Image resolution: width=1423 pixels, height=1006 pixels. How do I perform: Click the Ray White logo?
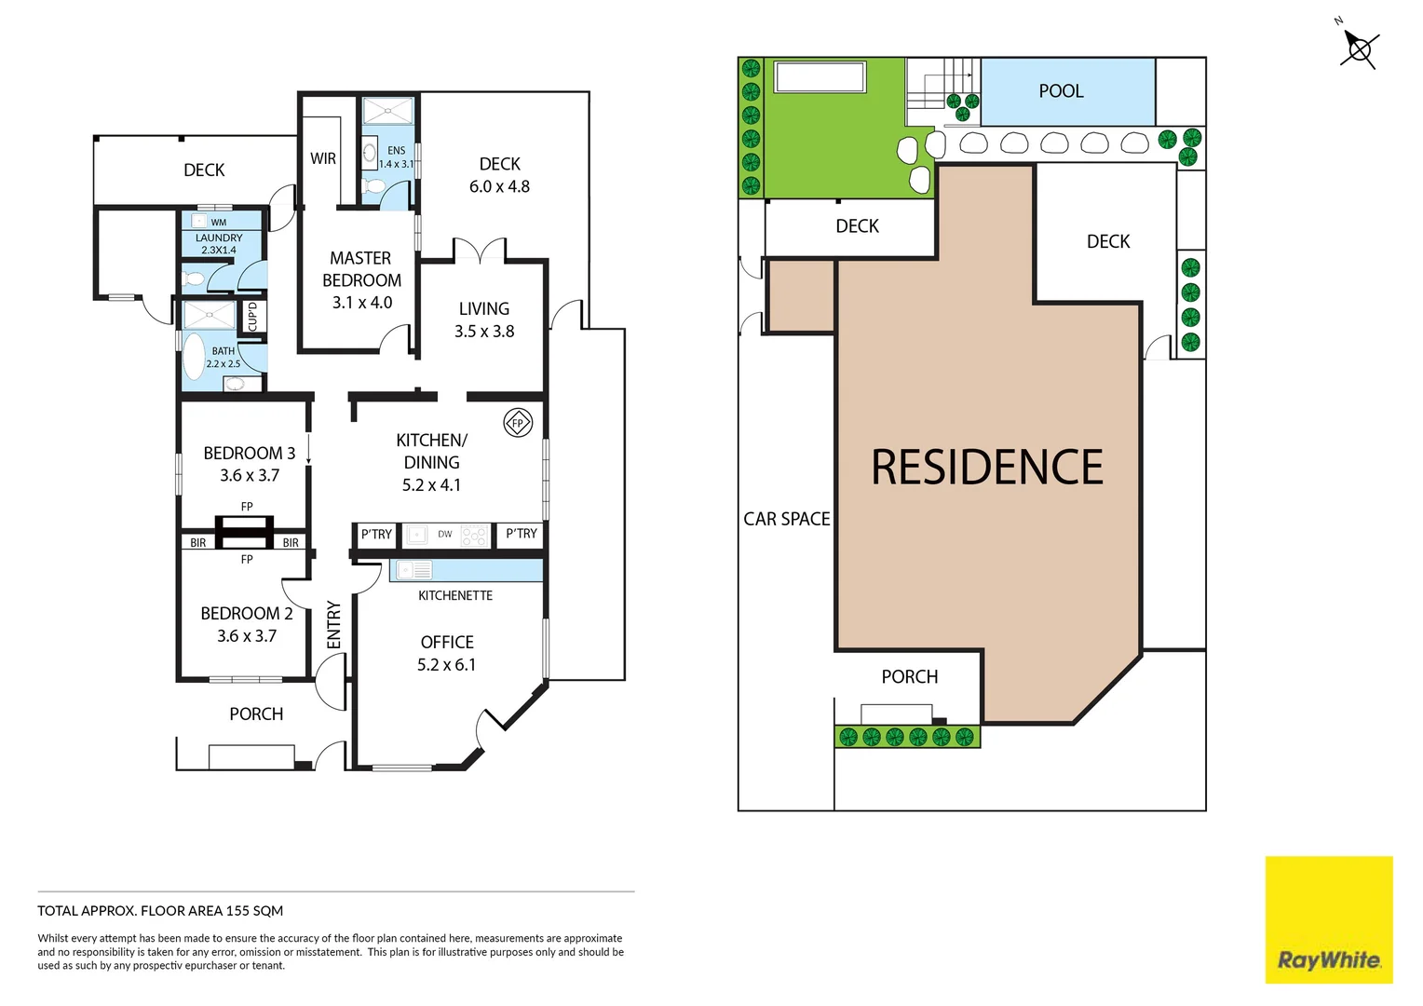(x=1328, y=959)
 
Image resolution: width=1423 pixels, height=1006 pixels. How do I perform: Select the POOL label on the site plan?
(x=1061, y=91)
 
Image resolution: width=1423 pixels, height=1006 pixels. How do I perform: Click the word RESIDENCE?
(x=987, y=468)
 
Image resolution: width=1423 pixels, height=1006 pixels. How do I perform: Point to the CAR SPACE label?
(x=786, y=519)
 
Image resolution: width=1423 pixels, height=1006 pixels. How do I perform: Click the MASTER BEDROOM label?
(x=361, y=269)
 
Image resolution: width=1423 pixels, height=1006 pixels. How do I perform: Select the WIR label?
(x=323, y=158)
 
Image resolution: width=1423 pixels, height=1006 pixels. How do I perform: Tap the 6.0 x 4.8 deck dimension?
(x=499, y=186)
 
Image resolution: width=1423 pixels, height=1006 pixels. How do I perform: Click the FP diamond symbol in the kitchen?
(x=518, y=423)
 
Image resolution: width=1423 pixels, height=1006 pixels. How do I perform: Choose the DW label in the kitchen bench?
(x=445, y=535)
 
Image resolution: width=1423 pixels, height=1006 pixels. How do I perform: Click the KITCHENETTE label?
(x=455, y=595)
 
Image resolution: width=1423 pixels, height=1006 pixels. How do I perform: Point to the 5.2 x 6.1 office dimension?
(x=446, y=665)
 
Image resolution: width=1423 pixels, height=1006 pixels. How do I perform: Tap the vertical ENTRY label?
(x=333, y=624)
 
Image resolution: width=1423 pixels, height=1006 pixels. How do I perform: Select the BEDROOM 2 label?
(x=247, y=614)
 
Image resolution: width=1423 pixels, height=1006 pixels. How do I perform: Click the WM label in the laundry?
(x=219, y=223)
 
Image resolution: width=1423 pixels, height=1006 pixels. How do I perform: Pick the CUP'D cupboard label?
(x=252, y=316)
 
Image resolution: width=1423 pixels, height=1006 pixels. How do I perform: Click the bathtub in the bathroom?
(x=194, y=358)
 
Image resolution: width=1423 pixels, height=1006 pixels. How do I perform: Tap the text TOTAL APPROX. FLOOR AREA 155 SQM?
(x=160, y=911)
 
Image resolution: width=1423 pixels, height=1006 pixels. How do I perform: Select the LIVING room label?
(x=483, y=308)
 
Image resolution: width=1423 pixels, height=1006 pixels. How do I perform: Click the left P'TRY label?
(x=376, y=535)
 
